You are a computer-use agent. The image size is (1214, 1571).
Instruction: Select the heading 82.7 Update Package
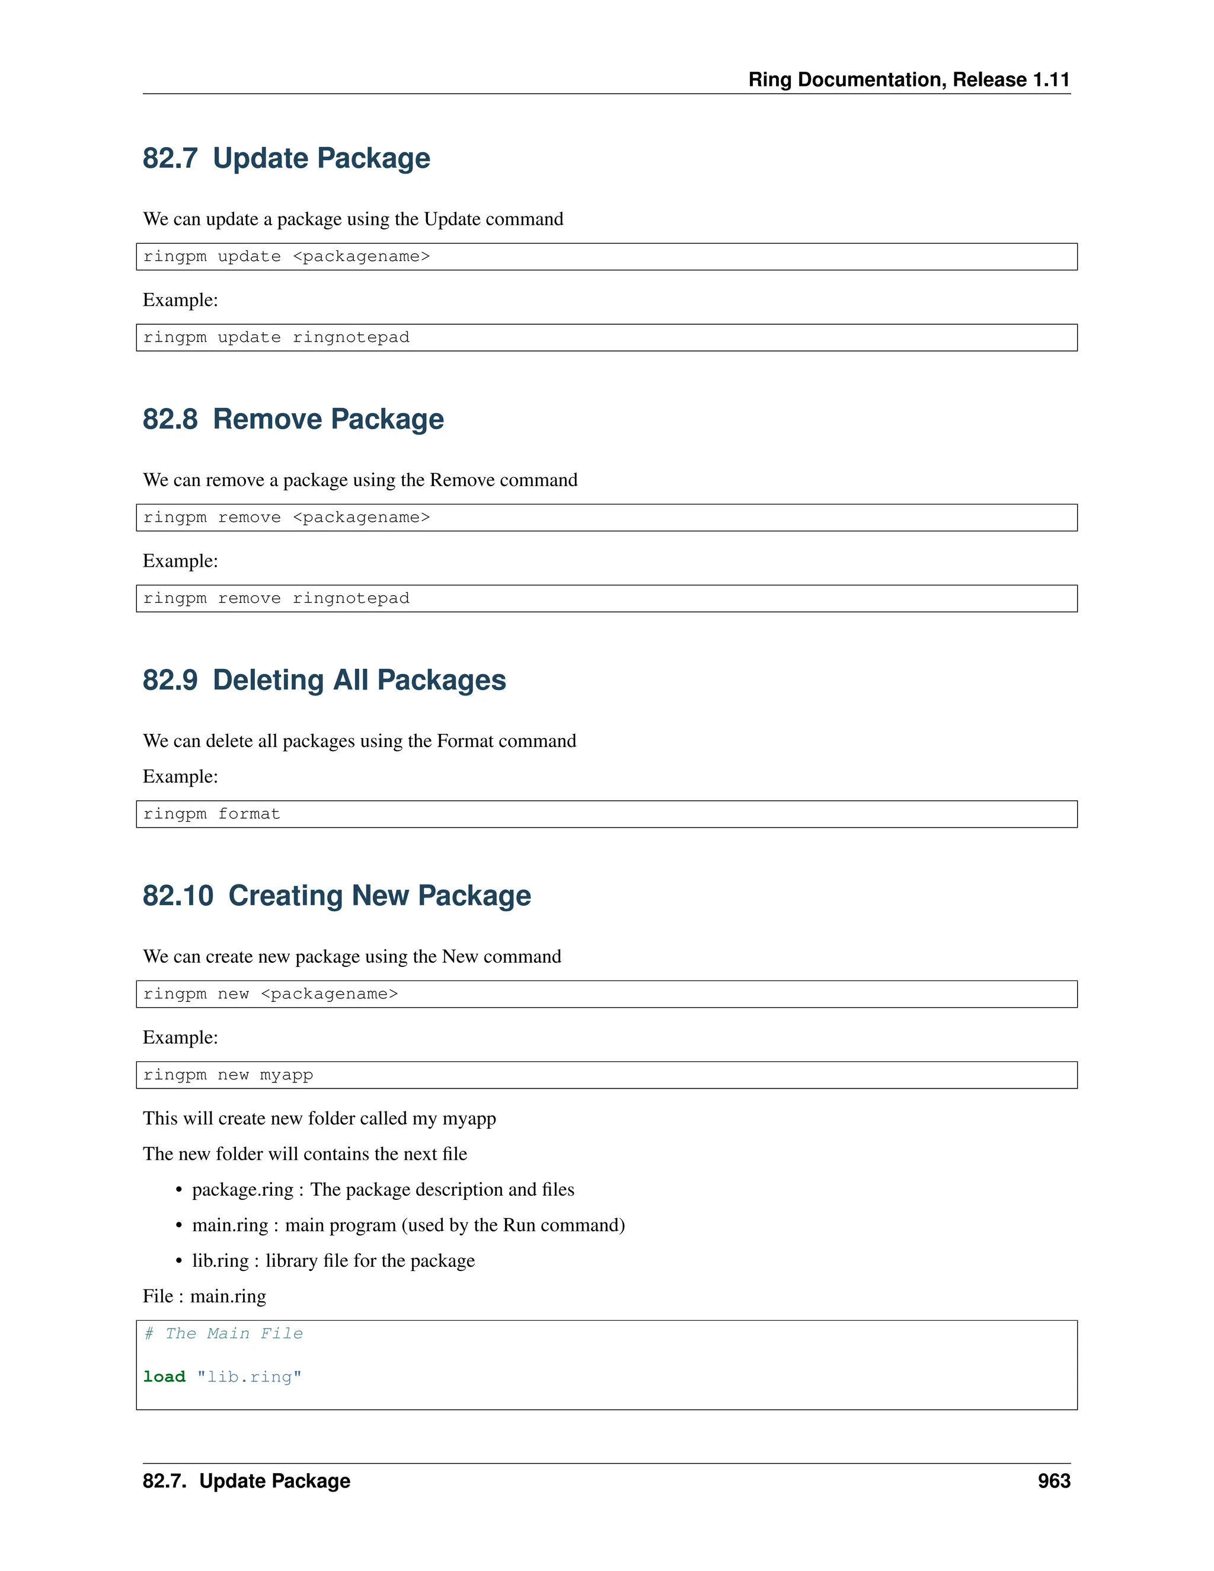click(x=286, y=158)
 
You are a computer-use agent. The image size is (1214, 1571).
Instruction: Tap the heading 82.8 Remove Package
click(x=293, y=419)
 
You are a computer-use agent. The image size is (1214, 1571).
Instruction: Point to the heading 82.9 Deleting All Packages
click(x=324, y=681)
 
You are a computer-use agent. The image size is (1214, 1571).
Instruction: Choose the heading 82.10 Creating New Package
click(x=337, y=896)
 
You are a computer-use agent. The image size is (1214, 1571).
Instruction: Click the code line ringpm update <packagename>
click(x=286, y=257)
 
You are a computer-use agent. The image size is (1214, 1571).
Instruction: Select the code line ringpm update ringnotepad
click(x=276, y=337)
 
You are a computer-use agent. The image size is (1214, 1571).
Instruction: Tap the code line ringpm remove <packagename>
click(x=286, y=518)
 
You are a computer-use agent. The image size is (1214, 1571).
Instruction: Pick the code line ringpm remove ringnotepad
click(x=276, y=599)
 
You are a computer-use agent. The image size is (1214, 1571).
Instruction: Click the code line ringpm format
click(x=212, y=815)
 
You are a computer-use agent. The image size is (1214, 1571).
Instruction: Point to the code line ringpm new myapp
click(x=228, y=1075)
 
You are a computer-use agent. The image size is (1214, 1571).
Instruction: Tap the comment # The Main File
click(x=223, y=1334)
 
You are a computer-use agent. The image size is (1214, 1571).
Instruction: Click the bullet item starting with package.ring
click(x=382, y=1190)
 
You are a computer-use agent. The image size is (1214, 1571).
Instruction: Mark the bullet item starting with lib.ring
click(x=333, y=1261)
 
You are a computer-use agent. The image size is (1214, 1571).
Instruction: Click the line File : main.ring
click(x=205, y=1296)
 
